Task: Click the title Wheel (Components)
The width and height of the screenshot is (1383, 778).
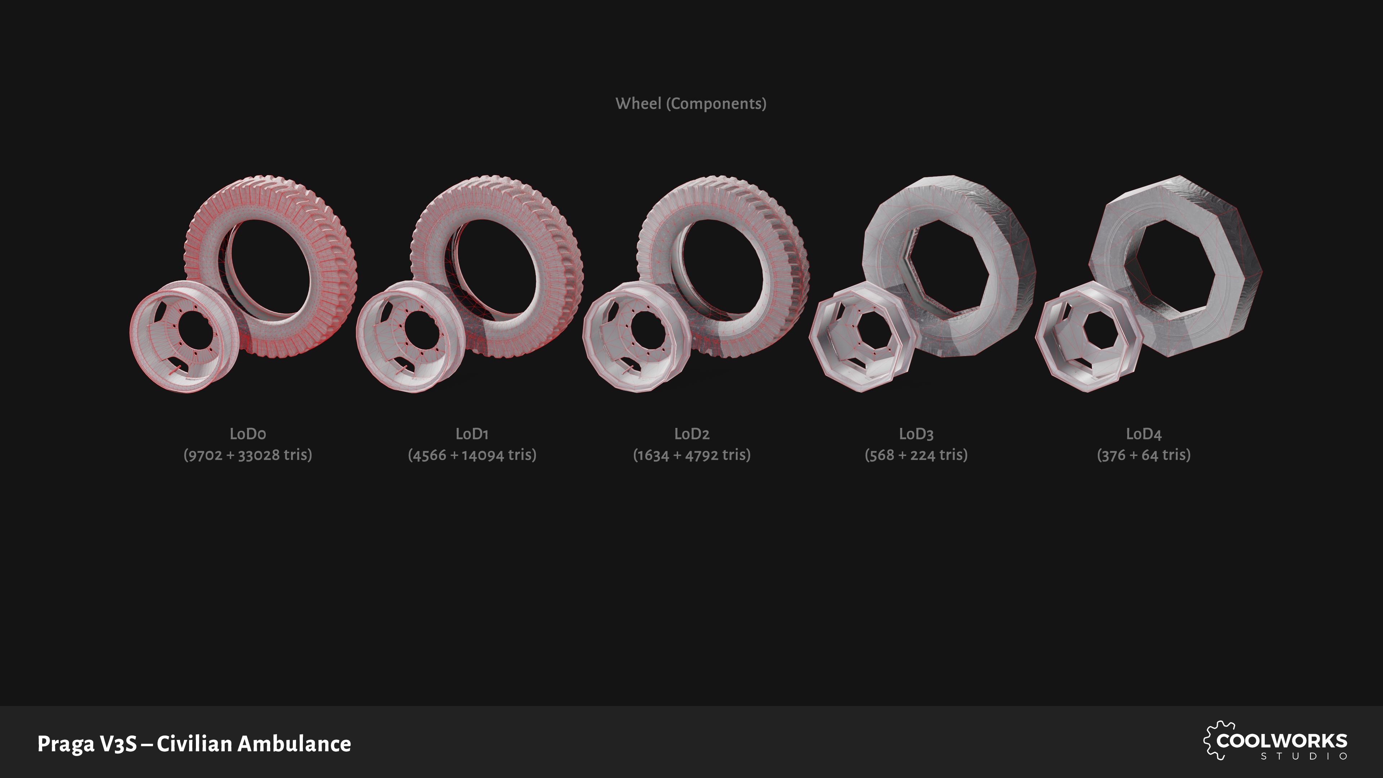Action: (691, 104)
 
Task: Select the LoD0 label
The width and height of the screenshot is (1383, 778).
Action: (247, 434)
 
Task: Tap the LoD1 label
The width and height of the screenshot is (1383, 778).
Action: (472, 434)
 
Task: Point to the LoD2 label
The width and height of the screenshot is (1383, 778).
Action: (691, 434)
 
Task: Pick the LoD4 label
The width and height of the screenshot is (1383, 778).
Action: (1143, 434)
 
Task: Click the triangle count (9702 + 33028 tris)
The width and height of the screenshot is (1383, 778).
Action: (247, 455)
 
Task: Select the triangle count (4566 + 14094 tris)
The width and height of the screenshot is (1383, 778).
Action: (472, 455)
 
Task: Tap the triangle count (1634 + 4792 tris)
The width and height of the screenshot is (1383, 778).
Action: (691, 455)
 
